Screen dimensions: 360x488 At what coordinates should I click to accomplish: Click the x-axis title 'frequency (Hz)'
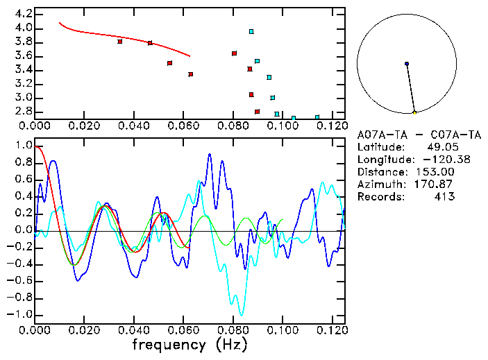point(189,344)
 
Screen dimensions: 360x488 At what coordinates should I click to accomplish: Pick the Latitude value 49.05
point(438,147)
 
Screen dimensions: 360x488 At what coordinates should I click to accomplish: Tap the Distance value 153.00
point(435,172)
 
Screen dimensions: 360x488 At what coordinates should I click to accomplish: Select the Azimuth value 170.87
point(435,184)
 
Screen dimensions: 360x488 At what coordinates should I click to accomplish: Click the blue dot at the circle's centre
point(407,64)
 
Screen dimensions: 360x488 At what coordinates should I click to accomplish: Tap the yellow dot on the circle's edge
point(414,112)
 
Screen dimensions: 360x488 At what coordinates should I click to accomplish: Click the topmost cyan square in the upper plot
point(251,31)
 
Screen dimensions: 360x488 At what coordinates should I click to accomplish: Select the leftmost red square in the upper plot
point(120,42)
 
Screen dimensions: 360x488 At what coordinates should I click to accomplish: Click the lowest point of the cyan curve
point(240,315)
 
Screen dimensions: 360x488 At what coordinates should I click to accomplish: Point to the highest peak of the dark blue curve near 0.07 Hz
point(210,155)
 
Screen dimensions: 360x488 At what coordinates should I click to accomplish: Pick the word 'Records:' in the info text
point(380,196)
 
